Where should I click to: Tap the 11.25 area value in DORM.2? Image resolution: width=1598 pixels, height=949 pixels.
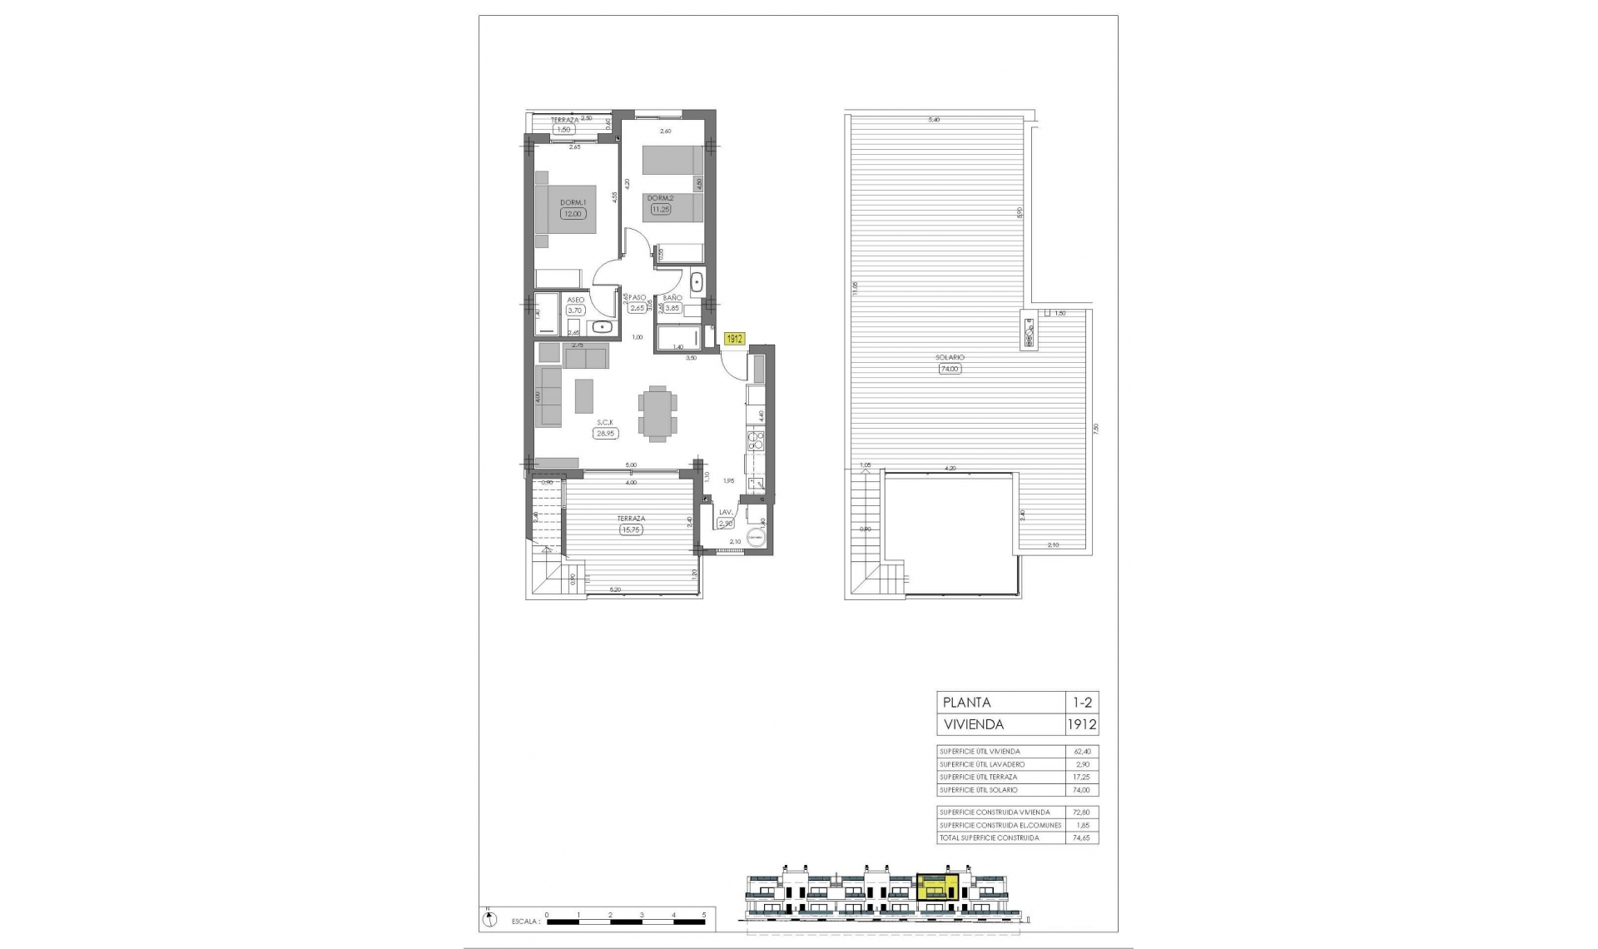click(661, 210)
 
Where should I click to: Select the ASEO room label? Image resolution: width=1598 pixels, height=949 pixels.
click(575, 300)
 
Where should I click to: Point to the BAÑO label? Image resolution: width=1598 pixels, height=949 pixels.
click(672, 297)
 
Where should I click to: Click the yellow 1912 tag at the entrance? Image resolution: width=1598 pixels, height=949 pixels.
click(734, 339)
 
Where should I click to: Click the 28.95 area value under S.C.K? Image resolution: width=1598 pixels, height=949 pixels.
click(605, 433)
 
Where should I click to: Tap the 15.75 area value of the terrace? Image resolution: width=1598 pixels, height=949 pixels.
click(632, 529)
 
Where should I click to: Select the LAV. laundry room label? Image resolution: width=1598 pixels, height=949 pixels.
click(725, 513)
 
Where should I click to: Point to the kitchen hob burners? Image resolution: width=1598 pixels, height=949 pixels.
click(757, 440)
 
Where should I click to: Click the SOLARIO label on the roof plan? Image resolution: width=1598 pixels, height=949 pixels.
click(950, 358)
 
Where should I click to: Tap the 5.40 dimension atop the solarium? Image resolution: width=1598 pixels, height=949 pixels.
click(934, 120)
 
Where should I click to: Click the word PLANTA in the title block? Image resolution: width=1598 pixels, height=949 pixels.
click(965, 703)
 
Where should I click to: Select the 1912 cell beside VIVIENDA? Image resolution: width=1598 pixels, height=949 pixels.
click(1082, 724)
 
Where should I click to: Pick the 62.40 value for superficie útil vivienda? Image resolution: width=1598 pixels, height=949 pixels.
click(1081, 752)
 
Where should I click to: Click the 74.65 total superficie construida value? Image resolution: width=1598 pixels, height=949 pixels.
click(1081, 838)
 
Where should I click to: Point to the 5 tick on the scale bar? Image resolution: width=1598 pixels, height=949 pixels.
click(704, 914)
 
